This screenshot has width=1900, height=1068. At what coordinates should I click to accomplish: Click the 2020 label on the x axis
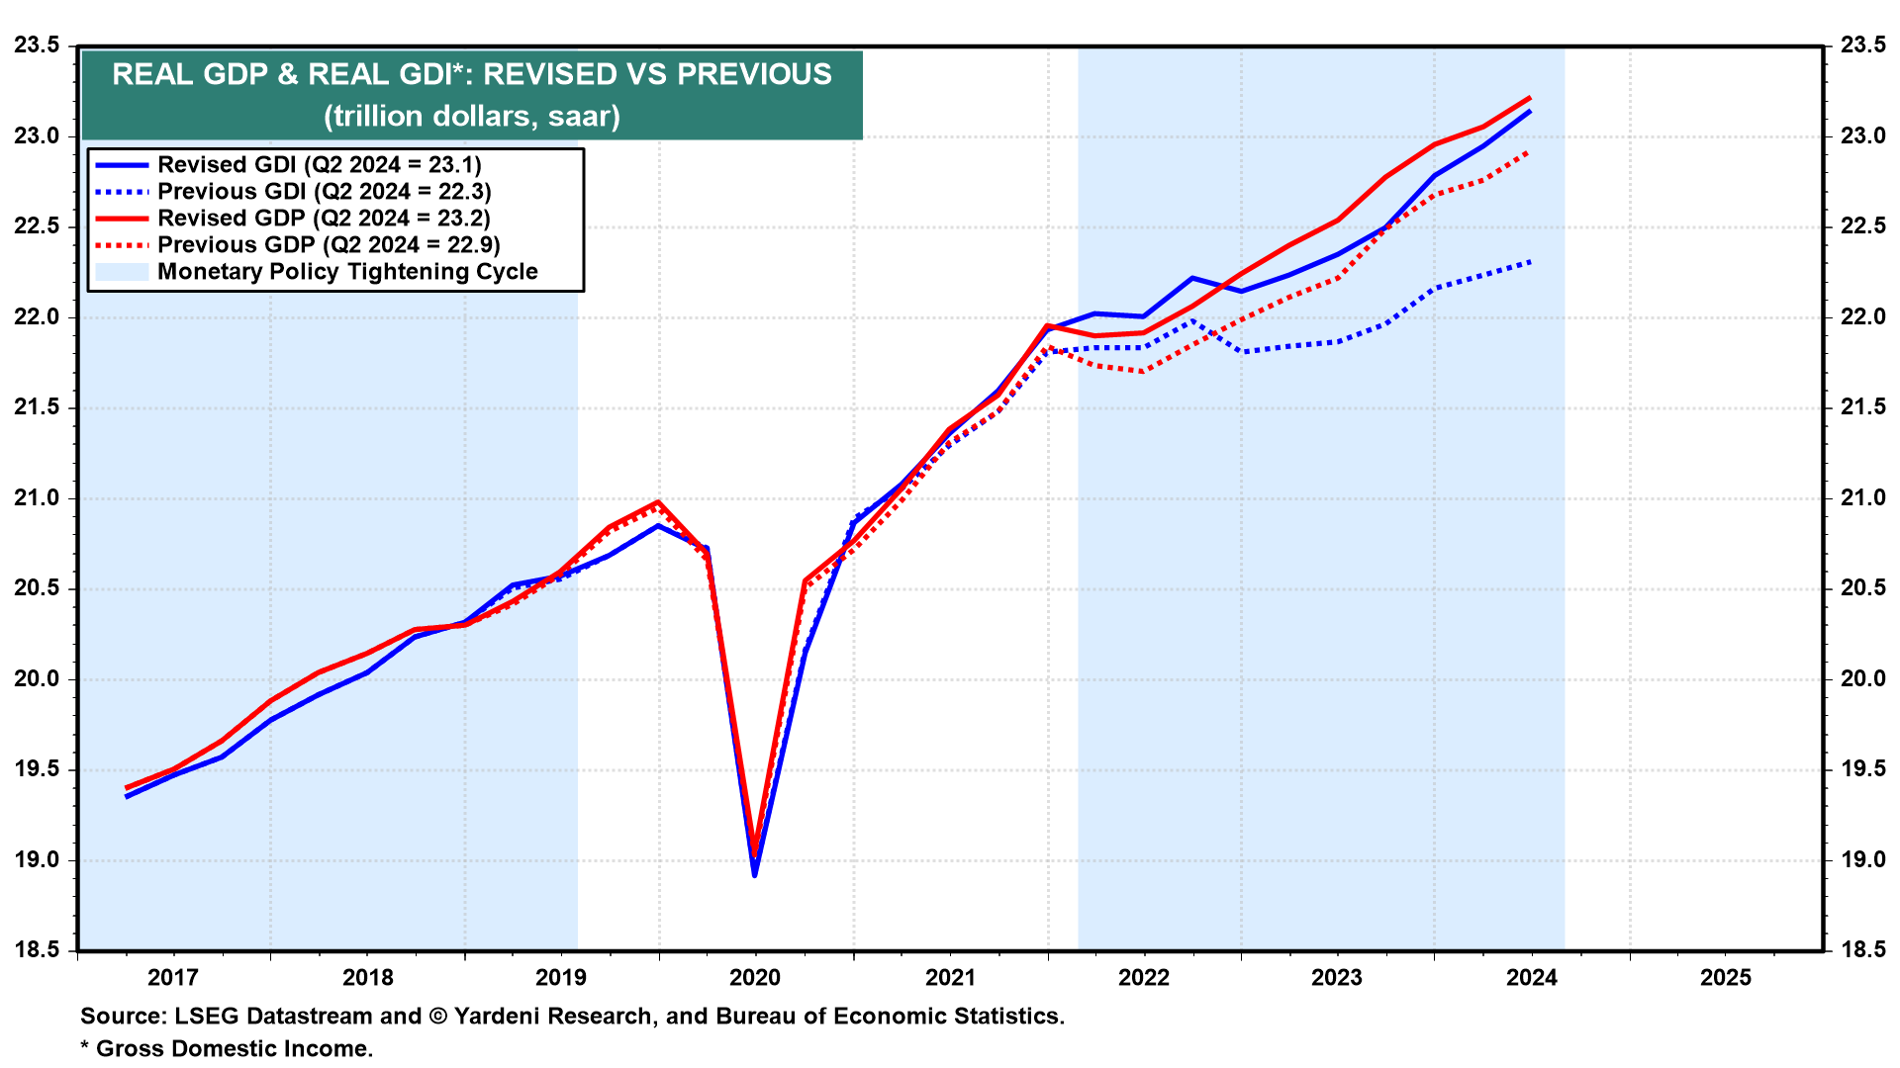(755, 978)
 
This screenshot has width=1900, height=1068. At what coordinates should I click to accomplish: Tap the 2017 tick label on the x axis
(173, 978)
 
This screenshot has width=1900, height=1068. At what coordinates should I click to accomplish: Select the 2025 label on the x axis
(1726, 978)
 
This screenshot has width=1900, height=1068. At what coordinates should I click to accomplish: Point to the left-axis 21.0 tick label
(37, 498)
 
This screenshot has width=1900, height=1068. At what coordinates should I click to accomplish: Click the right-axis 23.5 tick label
(1862, 45)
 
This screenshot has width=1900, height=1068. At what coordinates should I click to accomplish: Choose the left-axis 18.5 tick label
(37, 950)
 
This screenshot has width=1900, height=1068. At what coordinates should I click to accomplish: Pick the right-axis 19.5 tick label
(1862, 769)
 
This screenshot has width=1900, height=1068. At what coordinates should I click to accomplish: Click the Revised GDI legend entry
(319, 165)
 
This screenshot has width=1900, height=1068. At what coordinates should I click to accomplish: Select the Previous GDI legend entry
(324, 192)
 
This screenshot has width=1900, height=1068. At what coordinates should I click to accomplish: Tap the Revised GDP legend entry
(324, 219)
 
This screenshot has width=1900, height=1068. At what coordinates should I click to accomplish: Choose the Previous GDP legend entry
(329, 245)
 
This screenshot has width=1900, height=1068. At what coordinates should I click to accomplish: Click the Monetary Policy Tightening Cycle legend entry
(347, 272)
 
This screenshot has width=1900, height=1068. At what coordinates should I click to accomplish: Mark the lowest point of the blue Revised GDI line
(755, 875)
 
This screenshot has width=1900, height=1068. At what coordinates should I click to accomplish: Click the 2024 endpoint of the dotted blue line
(1531, 262)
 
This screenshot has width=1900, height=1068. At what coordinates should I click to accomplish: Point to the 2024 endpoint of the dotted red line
(1531, 152)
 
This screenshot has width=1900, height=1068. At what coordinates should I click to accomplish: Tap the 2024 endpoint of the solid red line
(1531, 98)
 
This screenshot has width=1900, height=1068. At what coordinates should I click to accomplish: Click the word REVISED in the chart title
(557, 75)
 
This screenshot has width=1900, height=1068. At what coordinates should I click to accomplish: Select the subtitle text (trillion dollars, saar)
(472, 117)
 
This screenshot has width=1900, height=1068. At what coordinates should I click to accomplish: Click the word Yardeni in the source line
(495, 1017)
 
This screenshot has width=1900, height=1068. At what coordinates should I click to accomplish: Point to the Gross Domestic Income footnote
(235, 1049)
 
